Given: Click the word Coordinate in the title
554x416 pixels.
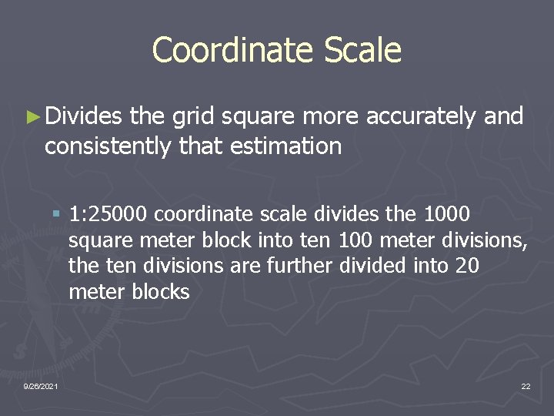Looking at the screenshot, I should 231,50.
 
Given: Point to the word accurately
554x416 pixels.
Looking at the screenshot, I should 422,117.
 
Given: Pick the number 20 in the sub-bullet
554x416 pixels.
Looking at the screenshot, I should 466,266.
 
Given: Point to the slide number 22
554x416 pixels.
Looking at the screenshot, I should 526,386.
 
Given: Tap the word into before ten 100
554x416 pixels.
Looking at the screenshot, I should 273,240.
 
